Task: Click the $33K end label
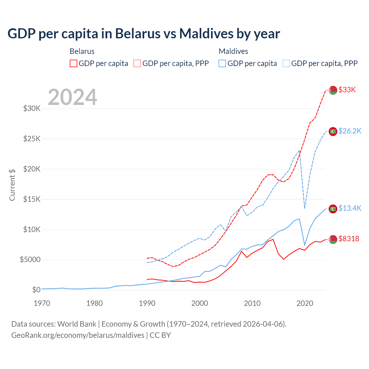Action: pos(347,90)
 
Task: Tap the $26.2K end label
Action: pos(350,131)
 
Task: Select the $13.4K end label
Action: pos(350,208)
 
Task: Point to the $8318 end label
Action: pos(349,239)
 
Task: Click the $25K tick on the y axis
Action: pos(32,139)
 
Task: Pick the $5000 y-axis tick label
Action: pos(30,259)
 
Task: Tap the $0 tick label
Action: pos(36,290)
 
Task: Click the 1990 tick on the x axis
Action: pos(147,303)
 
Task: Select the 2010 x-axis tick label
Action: pos(252,303)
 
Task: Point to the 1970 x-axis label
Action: pos(42,303)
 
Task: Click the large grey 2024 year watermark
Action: pos(72,97)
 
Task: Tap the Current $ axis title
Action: pos(12,185)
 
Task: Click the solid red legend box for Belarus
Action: pos(74,63)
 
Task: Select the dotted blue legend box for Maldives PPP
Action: pos(286,63)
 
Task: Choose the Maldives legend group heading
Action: pos(233,51)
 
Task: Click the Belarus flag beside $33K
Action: pos(333,90)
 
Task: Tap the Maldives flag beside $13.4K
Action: pos(333,208)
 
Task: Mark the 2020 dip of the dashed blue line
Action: pos(305,208)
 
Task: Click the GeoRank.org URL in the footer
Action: pos(78,335)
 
